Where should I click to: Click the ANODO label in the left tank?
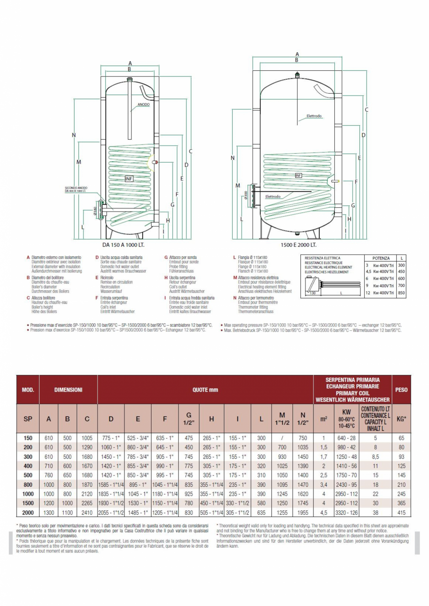pos(144,105)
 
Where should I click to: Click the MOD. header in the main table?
pos(28,389)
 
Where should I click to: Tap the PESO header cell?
pos(401,389)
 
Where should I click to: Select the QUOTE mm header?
pos(206,389)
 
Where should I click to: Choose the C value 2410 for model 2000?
pos(87,512)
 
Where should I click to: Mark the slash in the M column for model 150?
pos(282,438)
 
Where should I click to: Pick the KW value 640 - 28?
pos(346,438)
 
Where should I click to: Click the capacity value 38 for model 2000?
pos(375,512)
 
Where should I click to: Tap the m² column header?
pos(323,419)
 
